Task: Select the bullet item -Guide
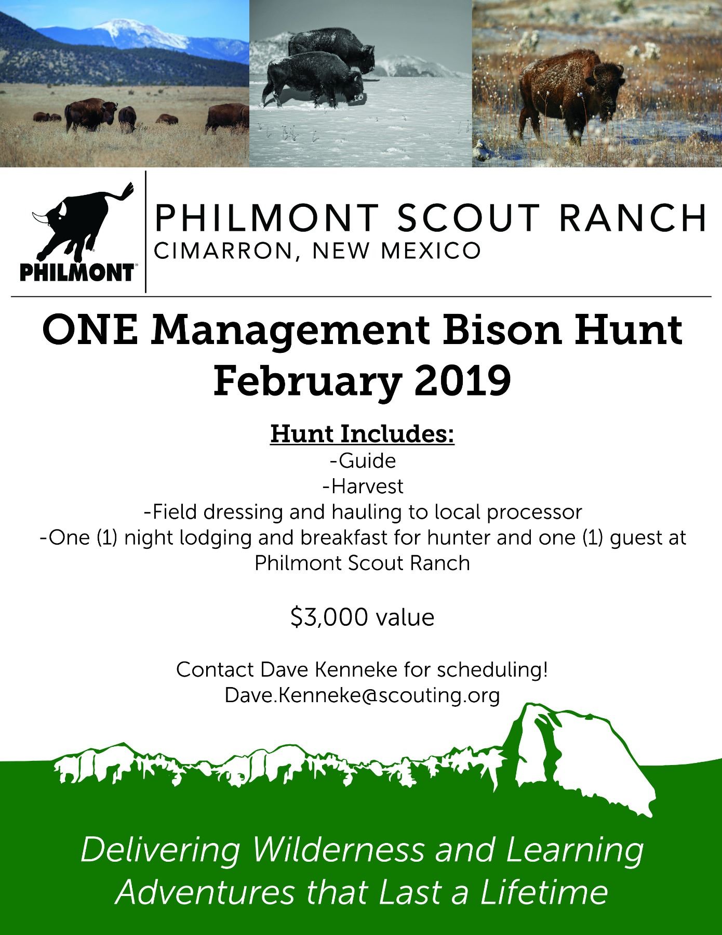pos(363,461)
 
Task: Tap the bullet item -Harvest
pos(363,486)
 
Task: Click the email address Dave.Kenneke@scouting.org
pos(362,695)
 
